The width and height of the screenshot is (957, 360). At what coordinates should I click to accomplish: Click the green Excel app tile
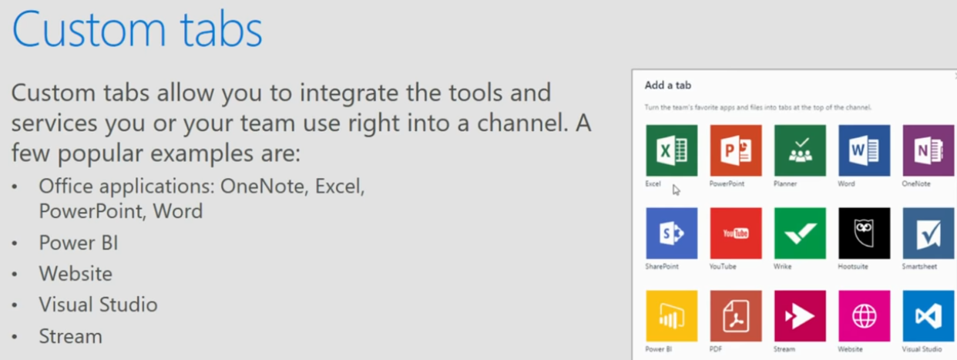672,150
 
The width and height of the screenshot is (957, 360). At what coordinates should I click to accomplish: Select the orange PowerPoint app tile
736,150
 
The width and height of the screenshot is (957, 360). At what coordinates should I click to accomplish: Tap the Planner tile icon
800,150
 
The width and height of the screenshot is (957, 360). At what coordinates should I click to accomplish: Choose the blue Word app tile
865,150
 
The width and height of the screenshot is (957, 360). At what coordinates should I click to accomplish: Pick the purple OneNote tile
928,150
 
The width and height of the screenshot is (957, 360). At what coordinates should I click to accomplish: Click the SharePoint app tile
672,233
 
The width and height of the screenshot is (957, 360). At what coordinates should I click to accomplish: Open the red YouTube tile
736,233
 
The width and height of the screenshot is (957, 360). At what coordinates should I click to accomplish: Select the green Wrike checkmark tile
800,233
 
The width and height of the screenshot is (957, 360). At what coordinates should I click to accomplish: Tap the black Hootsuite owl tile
865,233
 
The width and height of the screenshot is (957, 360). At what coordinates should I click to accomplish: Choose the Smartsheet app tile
928,233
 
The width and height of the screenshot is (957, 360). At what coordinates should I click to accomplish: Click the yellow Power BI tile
672,316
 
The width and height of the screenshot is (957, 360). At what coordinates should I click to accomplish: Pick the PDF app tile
736,316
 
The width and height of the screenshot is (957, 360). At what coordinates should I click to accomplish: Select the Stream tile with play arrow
800,316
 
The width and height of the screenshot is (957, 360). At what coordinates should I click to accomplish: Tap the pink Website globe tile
865,316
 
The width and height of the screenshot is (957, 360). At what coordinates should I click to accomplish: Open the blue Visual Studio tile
928,316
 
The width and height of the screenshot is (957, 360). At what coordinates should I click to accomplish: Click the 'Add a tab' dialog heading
668,85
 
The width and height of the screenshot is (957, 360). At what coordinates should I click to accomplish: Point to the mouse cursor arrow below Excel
676,190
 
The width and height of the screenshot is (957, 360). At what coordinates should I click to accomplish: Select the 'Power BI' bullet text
78,242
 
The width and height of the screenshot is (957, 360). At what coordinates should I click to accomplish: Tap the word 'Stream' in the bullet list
70,336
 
